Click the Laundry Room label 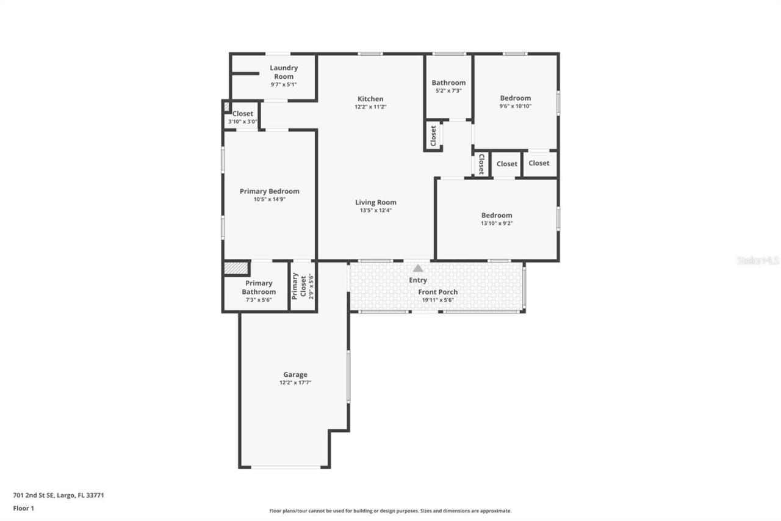(x=284, y=72)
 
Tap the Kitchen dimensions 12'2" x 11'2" (x=370, y=107)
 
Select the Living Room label (x=376, y=202)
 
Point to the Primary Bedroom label (x=269, y=191)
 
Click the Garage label (x=295, y=374)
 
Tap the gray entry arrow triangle (x=418, y=268)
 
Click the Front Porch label (x=438, y=292)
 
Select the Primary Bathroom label (x=259, y=287)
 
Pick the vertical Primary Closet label (x=295, y=285)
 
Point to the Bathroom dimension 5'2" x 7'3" (x=448, y=90)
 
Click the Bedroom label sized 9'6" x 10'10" (x=516, y=98)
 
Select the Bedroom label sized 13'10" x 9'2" (x=497, y=215)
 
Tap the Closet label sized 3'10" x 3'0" (x=243, y=114)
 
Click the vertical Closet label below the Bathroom (x=433, y=136)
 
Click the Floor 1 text (x=23, y=508)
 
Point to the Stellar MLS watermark (x=758, y=260)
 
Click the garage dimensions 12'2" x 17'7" (x=295, y=383)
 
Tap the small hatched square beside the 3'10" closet (x=226, y=106)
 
